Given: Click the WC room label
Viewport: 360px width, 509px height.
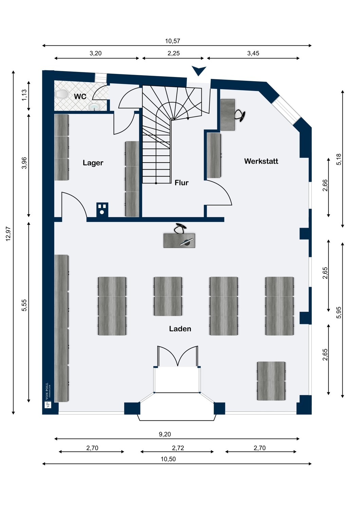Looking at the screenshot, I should pos(80,96).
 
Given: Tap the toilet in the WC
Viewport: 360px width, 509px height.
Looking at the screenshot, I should pos(61,94).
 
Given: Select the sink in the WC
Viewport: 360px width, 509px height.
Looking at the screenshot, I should pos(94,107).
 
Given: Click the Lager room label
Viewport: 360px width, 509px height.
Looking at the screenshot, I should pos(93,163).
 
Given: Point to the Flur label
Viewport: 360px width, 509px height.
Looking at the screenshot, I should pos(181,183).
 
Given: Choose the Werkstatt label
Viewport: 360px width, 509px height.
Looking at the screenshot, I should pos(261,161).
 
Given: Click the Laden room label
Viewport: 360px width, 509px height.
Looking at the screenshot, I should pos(180,329).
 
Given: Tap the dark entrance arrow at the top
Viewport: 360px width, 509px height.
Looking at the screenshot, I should pos(199,71).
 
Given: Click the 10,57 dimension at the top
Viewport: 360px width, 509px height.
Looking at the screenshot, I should pos(173,41).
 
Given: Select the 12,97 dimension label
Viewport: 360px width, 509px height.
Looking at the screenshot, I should pos(8,234).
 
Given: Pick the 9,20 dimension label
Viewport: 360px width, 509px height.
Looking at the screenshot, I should pos(165,434).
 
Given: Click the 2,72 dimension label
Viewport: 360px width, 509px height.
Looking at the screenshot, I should pos(178,448).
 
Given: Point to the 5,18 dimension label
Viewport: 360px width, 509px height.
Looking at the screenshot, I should pos(339,159).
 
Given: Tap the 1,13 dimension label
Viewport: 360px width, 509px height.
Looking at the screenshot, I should pos(24,95).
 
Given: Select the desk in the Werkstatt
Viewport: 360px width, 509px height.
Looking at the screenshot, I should pos(228,115).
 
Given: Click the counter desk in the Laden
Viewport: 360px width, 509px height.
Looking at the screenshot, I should pos(179,241).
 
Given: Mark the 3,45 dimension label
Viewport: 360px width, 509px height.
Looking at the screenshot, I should pos(253,53).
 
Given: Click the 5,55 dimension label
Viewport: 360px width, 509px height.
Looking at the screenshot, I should pos(24,305).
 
